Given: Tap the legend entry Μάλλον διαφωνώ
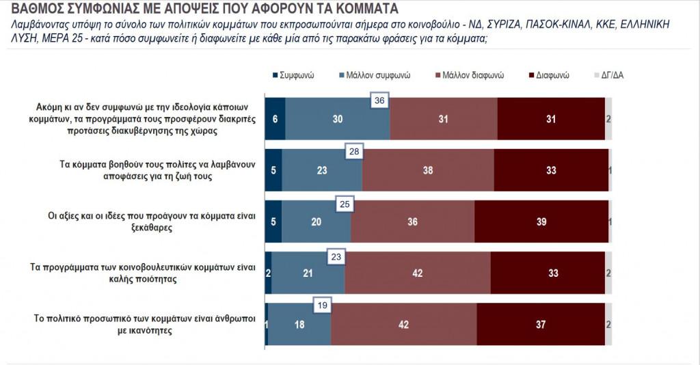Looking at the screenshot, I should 474,75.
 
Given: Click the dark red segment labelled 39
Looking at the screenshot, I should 541,221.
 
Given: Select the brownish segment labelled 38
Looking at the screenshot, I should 428,170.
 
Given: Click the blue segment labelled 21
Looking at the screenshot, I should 308,272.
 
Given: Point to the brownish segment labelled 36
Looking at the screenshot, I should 412,221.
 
